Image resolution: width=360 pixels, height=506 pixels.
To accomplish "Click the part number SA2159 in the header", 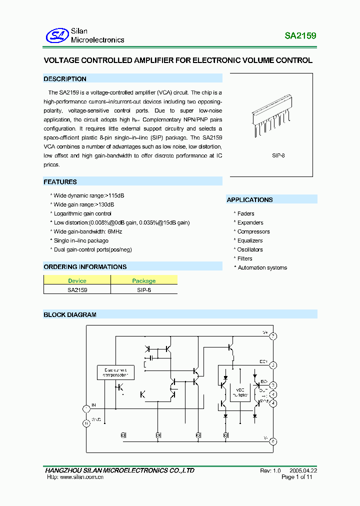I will [300, 36].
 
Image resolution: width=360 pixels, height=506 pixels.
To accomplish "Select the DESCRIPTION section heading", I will [65, 79].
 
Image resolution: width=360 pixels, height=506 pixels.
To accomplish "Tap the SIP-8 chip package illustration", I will [271, 118].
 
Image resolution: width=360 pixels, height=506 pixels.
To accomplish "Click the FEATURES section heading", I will [60, 182].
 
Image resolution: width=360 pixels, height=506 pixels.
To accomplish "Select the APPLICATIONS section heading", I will [249, 200].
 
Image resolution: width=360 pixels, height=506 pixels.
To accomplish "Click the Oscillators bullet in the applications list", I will [249, 249].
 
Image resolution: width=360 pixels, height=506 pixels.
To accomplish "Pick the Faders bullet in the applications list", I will [245, 213].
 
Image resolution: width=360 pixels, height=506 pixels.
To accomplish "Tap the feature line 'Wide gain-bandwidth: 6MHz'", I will [87, 231].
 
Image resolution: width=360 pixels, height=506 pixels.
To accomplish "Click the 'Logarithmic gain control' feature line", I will [82, 213].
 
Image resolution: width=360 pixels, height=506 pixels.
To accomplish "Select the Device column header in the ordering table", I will [77, 280].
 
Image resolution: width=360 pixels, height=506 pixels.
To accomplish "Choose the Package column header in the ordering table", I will [143, 280].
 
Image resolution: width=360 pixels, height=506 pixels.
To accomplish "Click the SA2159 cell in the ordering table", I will [77, 289].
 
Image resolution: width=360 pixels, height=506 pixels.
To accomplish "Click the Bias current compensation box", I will [115, 372].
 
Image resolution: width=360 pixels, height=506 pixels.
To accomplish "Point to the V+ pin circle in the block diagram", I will [273, 336].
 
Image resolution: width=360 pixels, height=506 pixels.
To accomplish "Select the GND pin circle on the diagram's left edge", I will [86, 423].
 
